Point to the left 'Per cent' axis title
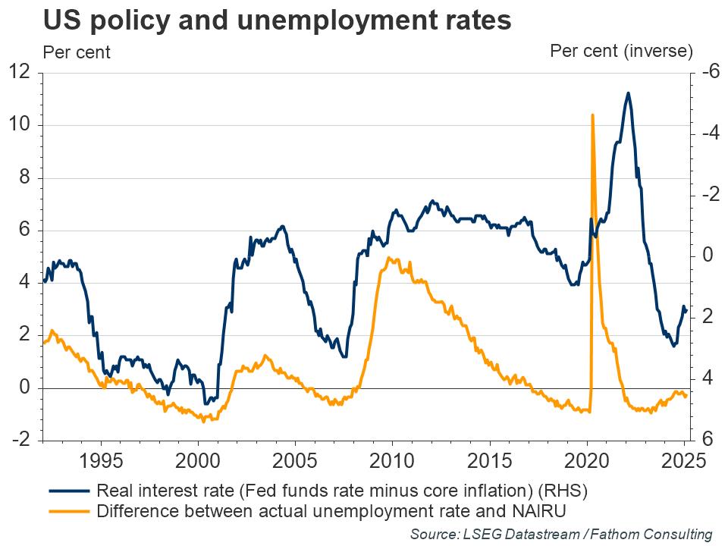click(x=77, y=52)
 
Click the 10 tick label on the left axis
click(x=20, y=126)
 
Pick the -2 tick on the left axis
click(x=20, y=441)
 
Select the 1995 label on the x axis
click(x=101, y=462)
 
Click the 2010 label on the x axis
click(x=392, y=462)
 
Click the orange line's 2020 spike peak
click(x=592, y=115)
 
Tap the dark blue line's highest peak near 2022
click(x=628, y=93)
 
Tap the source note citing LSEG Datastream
click(x=560, y=534)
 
